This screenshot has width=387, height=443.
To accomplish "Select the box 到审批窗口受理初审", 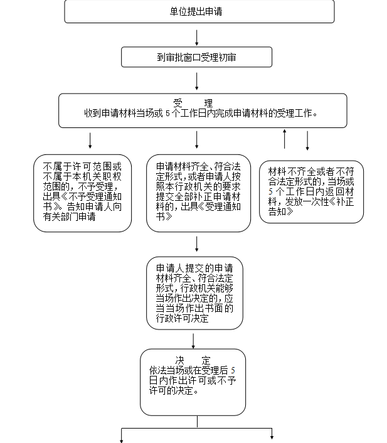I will [196, 57].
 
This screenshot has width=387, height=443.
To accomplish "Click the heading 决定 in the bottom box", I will [193, 360].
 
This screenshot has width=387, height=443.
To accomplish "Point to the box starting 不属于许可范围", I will [83, 193].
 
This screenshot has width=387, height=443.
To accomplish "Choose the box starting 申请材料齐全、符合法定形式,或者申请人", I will [196, 193].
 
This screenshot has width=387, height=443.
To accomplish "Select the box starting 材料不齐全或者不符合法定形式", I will [311, 191].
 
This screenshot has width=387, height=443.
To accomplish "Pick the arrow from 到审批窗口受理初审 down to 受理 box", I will [197, 81].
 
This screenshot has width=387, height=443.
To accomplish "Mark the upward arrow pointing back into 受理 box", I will [285, 139].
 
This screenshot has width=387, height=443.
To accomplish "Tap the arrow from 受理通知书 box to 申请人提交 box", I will [197, 244].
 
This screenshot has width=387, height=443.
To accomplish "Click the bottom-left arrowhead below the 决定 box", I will [121, 437].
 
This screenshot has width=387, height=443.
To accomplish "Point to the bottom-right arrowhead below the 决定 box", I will [272, 437].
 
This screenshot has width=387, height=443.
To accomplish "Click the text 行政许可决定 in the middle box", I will [183, 319].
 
